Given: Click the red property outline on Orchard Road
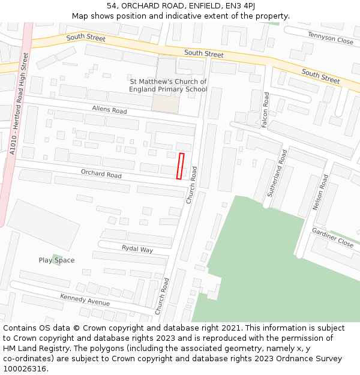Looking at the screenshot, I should (x=179, y=166).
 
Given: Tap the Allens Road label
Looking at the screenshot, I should (x=109, y=110).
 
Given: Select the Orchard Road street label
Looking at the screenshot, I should (x=101, y=174).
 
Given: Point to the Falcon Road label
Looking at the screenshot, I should (x=265, y=109).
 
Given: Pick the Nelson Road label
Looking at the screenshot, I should (x=319, y=193).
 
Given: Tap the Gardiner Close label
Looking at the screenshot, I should (x=332, y=238).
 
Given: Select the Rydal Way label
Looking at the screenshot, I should (x=137, y=249).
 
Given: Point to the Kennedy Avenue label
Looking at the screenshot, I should (x=85, y=299).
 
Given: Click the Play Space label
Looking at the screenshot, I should (x=56, y=260).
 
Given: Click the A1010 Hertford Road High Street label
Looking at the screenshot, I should (x=18, y=104).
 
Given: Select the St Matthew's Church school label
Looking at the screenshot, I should (x=168, y=85).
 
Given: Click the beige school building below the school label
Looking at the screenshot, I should (x=165, y=103).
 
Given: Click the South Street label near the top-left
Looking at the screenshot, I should (x=86, y=38).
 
